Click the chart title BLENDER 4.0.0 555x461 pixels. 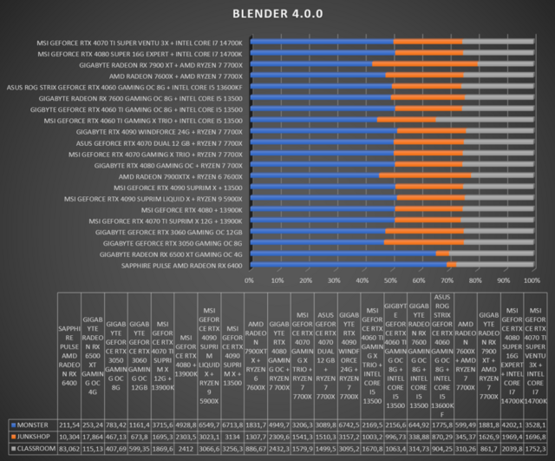[277, 14]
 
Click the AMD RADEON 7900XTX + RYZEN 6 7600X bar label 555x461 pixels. [180, 175]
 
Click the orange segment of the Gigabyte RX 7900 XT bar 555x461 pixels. [425, 64]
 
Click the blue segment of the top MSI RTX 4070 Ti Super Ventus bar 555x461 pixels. [321, 41]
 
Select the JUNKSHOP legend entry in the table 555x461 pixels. [31, 435]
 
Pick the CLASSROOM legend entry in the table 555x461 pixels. [33, 447]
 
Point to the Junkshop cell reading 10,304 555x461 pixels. [67, 435]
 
